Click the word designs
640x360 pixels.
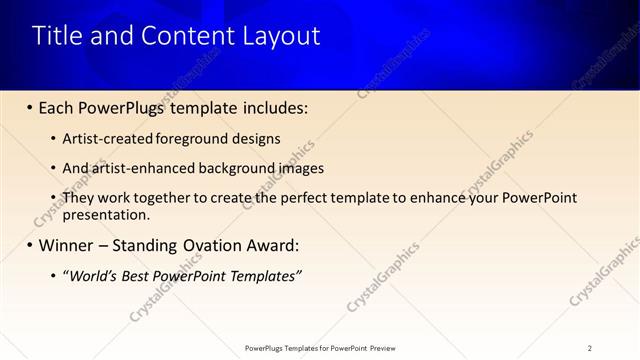point(255,139)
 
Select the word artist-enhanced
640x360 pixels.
point(143,168)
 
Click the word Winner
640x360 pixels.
point(69,245)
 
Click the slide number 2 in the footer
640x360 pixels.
point(589,348)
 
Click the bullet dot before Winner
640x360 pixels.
point(28,246)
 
